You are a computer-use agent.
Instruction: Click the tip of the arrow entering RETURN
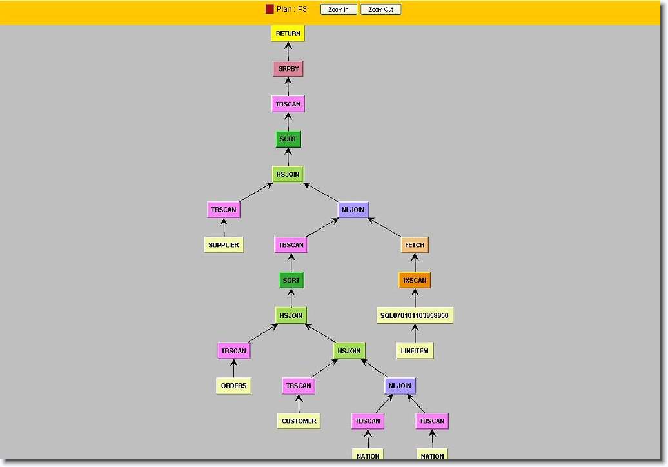(x=288, y=42)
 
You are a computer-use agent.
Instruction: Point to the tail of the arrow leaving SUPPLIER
(x=224, y=237)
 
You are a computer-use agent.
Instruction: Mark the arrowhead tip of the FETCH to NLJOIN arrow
(x=368, y=218)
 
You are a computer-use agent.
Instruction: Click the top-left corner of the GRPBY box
(x=273, y=61)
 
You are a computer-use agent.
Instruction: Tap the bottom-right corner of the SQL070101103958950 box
(x=453, y=324)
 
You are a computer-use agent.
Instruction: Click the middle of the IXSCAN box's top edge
(x=415, y=272)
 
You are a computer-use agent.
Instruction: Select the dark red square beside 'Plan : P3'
(x=270, y=9)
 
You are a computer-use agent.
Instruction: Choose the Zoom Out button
(x=381, y=10)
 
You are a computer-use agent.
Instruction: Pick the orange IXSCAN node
(x=415, y=281)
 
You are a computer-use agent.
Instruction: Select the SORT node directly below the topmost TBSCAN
(x=288, y=139)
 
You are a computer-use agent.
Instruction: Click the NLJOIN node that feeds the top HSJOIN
(x=353, y=210)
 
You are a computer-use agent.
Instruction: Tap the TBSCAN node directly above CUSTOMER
(x=299, y=386)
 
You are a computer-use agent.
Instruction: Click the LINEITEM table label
(x=415, y=351)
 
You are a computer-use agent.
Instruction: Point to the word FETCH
(x=415, y=245)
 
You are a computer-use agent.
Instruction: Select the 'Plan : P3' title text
(x=292, y=9)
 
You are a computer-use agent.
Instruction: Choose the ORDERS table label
(x=234, y=386)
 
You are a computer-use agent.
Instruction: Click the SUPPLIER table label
(x=224, y=245)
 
